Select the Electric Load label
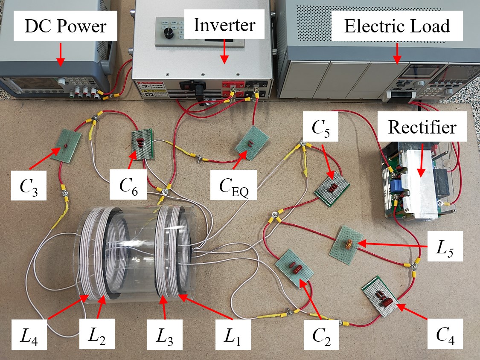pos(397,26)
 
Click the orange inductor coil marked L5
pos(349,244)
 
